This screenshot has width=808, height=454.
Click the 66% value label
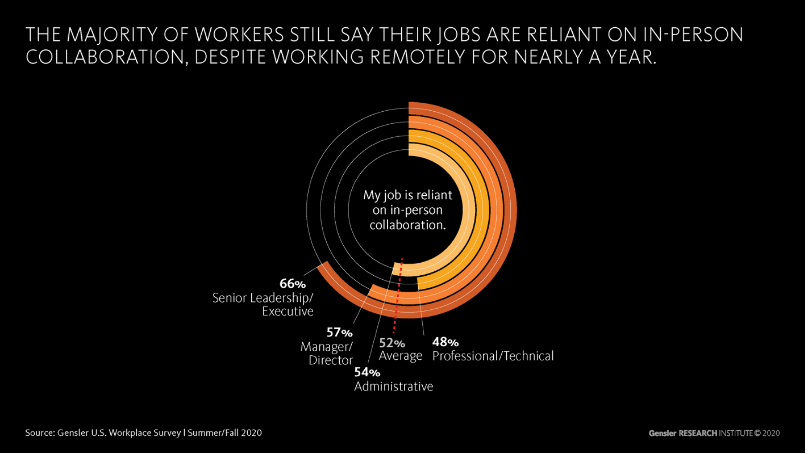[x=293, y=284]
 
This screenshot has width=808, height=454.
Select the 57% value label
[x=339, y=333]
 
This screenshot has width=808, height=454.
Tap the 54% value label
[x=367, y=373]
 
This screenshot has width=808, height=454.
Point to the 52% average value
[x=392, y=343]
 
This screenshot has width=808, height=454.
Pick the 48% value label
[x=445, y=342]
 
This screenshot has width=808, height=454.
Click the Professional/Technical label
[x=493, y=356]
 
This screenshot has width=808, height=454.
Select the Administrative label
[x=393, y=386]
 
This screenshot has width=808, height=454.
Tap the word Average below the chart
[x=401, y=356]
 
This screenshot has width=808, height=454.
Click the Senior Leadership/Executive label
[x=263, y=304]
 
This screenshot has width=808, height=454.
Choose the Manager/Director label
[x=327, y=353]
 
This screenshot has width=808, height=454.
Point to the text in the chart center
[x=407, y=210]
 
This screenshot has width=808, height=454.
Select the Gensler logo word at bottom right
[x=663, y=433]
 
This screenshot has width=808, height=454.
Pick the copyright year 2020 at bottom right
[x=770, y=433]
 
